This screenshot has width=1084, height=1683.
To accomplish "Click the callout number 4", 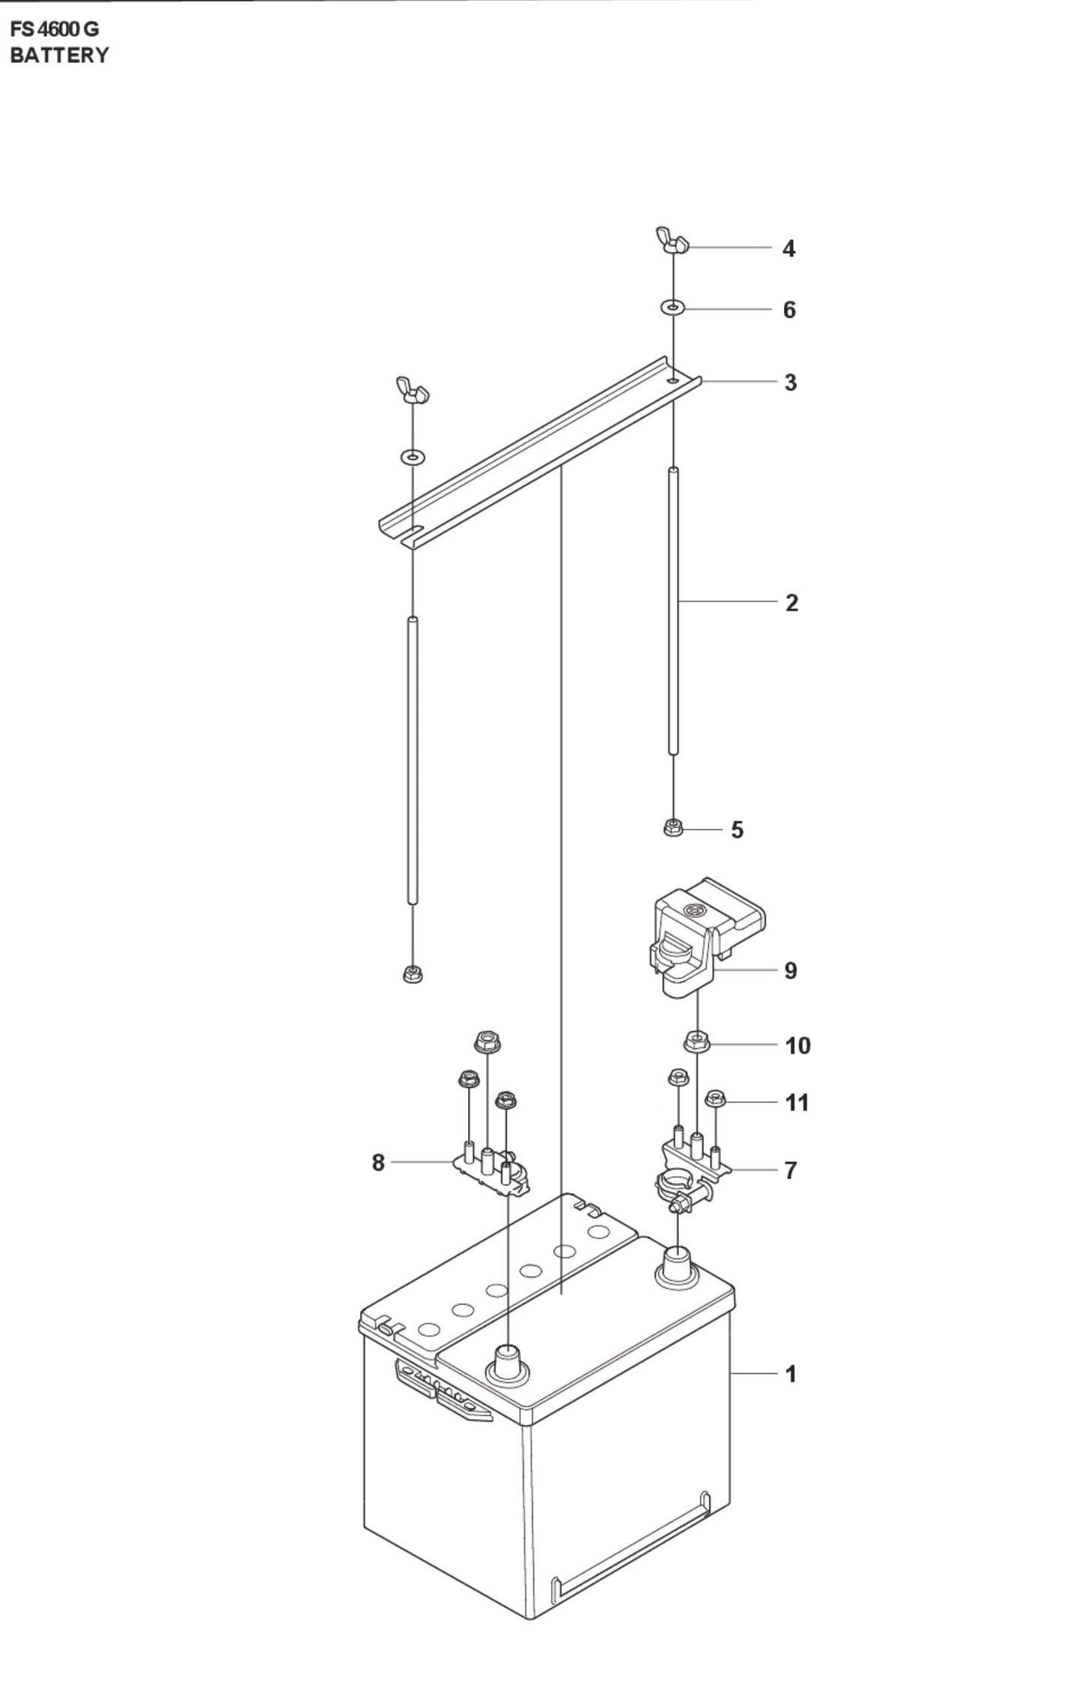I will click(x=788, y=248).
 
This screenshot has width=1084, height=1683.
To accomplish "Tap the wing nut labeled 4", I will click(x=671, y=240).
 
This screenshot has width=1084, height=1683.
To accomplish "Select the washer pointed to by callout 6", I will click(x=672, y=307).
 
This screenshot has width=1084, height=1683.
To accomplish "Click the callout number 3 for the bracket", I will click(x=790, y=382).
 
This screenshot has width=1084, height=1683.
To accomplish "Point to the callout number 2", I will click(x=791, y=602).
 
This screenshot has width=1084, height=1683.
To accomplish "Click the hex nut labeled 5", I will click(x=673, y=828).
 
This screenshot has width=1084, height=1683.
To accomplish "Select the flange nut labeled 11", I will click(x=714, y=1099).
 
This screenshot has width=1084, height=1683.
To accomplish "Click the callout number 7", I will click(x=790, y=1170).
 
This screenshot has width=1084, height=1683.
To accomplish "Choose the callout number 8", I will click(x=378, y=1162).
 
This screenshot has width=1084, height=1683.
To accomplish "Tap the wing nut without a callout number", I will click(x=411, y=391).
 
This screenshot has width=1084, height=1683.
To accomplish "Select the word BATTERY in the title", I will click(x=59, y=55).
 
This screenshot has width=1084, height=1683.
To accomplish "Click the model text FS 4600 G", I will click(x=54, y=30).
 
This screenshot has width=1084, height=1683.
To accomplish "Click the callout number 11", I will click(x=797, y=1102).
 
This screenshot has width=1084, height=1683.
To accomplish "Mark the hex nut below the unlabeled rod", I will click(x=411, y=973).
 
